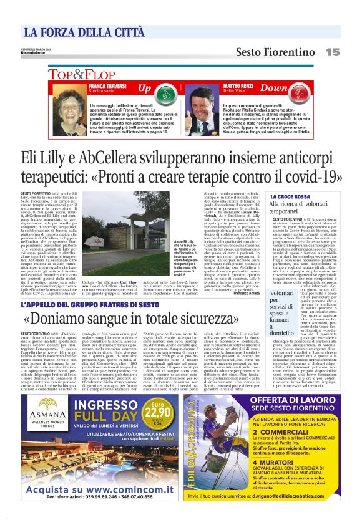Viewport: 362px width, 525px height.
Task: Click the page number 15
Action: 332,52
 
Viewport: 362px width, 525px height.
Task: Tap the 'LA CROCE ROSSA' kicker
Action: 289,196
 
